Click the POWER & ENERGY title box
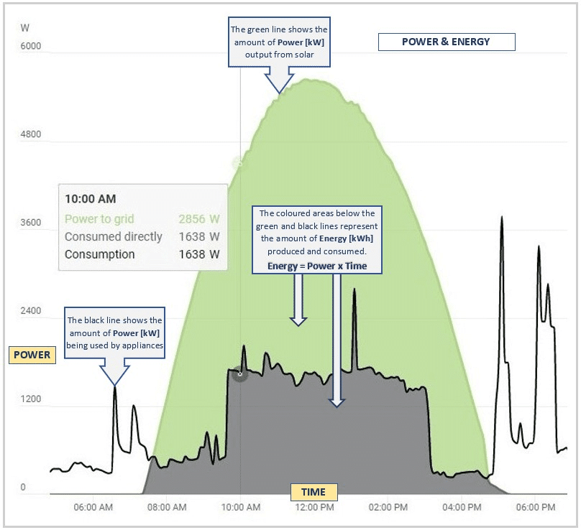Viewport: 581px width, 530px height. pyautogui.click(x=446, y=42)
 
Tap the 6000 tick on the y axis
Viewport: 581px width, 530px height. pyautogui.click(x=31, y=47)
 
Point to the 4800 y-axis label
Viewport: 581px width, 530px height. pyautogui.click(x=31, y=134)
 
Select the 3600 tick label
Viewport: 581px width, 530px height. pyautogui.click(x=31, y=223)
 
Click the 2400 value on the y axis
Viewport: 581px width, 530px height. pyautogui.click(x=31, y=311)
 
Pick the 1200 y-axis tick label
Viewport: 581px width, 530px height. pyautogui.click(x=31, y=399)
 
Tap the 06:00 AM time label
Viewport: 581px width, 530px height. pyautogui.click(x=93, y=507)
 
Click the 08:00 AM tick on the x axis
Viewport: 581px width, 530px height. pyautogui.click(x=167, y=507)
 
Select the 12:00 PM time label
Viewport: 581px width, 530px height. pyautogui.click(x=314, y=507)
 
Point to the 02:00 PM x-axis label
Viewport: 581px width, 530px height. pyautogui.click(x=388, y=507)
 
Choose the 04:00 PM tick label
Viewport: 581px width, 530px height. pyautogui.click(x=462, y=507)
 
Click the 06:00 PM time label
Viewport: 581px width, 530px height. pyautogui.click(x=536, y=507)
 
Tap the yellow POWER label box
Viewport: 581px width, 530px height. pyautogui.click(x=32, y=355)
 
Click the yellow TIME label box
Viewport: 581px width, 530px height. pyautogui.click(x=313, y=492)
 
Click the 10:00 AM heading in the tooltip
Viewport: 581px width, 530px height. pyautogui.click(x=91, y=199)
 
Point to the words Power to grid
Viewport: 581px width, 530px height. pyautogui.click(x=99, y=219)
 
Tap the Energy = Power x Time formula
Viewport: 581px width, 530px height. pyautogui.click(x=317, y=266)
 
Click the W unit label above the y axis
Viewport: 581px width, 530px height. pyautogui.click(x=25, y=29)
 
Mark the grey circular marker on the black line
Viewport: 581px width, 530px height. pyautogui.click(x=240, y=373)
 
